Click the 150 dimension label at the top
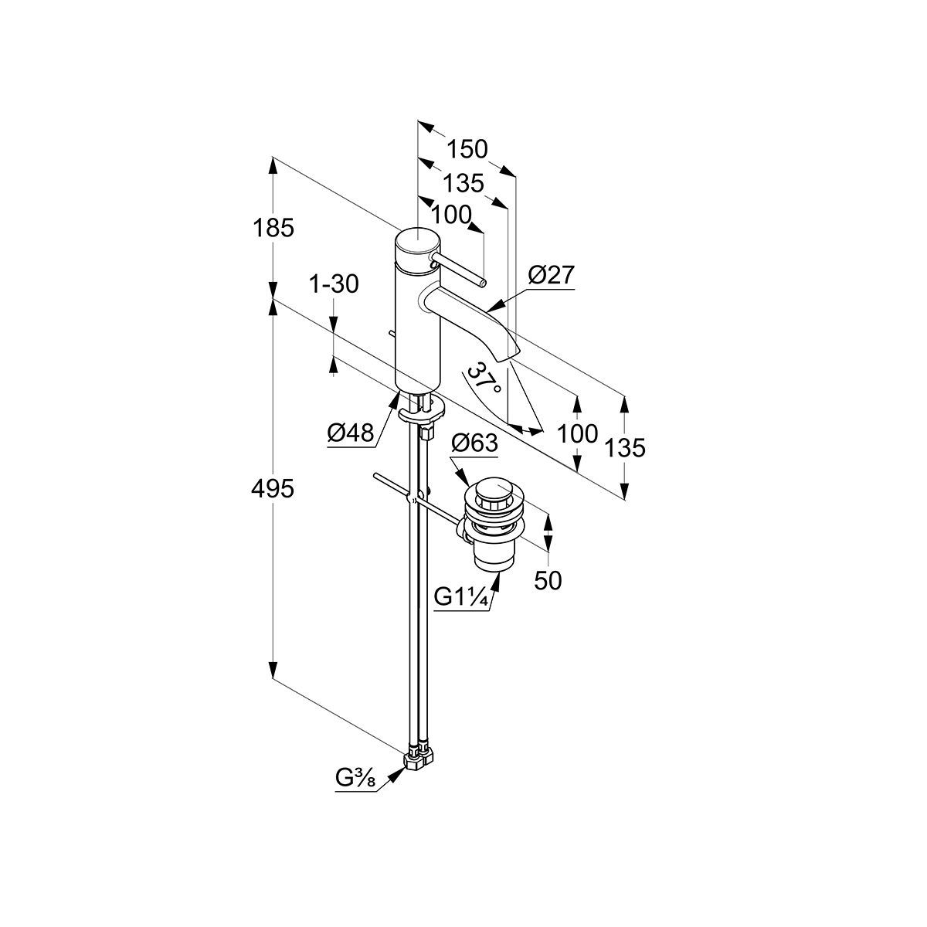coord(467,148)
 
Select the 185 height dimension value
coord(273,229)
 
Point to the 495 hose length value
coord(273,488)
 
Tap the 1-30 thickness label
coord(334,284)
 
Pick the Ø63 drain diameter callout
coord(474,443)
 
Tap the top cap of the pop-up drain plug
coord(492,489)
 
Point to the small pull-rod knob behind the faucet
coord(392,334)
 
